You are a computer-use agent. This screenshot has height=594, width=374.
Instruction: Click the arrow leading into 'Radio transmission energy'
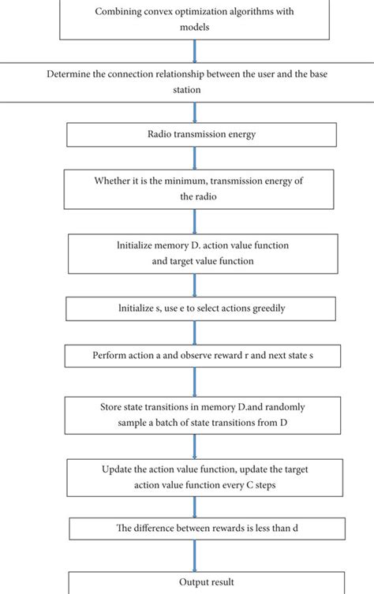tap(195, 112)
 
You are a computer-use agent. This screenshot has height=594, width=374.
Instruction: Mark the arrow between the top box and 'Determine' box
tap(195, 50)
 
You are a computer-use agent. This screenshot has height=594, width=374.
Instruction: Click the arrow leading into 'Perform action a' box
tap(195, 331)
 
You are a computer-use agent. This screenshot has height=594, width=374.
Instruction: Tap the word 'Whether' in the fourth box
tap(113, 181)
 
